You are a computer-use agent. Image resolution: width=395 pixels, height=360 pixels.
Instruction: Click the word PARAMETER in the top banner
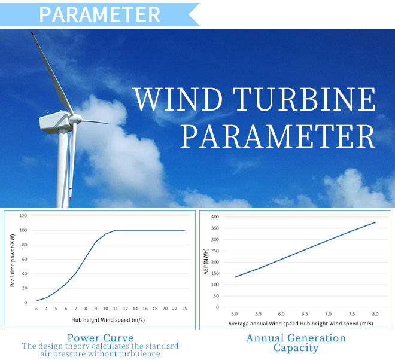(x=100, y=14)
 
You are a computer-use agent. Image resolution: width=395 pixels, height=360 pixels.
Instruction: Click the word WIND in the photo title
(x=177, y=99)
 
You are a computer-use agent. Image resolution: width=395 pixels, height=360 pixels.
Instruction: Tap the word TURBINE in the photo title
(x=304, y=99)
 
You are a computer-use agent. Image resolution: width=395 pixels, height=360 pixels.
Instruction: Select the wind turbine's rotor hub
(x=75, y=118)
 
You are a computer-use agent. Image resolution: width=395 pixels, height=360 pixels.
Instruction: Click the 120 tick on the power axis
(x=23, y=216)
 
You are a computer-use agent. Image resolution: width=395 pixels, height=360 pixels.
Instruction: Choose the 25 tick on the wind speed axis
(x=185, y=309)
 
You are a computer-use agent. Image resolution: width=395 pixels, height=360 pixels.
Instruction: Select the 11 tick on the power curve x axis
(x=116, y=309)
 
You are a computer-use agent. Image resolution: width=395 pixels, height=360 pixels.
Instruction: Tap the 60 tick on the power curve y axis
(x=25, y=259)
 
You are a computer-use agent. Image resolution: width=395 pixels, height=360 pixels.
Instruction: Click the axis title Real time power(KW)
(x=13, y=261)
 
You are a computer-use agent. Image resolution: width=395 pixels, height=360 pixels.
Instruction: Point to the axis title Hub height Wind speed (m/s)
(x=108, y=320)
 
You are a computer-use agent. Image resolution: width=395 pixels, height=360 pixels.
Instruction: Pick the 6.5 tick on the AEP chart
(x=305, y=314)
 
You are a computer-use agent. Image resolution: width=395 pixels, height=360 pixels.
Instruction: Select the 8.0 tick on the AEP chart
(x=375, y=314)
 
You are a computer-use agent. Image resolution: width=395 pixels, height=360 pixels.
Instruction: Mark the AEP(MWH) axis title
(x=206, y=261)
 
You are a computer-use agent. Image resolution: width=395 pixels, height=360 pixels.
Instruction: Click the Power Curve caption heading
(x=101, y=338)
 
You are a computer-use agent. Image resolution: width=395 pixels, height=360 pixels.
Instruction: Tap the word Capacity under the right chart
(x=296, y=349)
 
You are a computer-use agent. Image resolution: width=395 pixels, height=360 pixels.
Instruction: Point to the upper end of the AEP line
(x=376, y=222)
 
